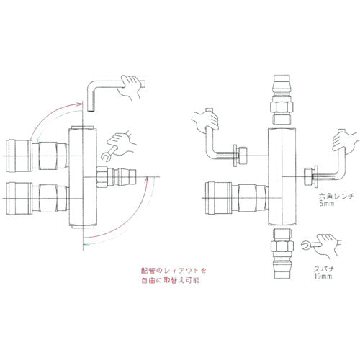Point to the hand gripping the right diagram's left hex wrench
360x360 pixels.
(205, 122)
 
